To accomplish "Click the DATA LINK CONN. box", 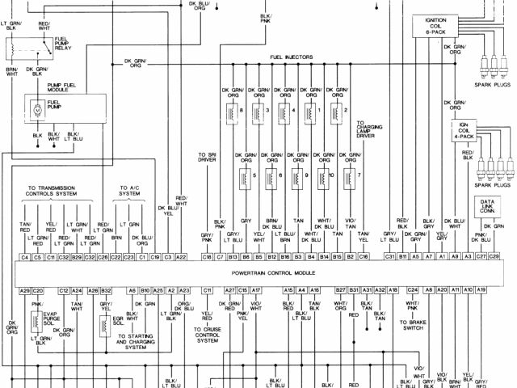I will click(485, 209).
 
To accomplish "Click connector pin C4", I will click(25, 256).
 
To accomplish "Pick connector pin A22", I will click(181, 256).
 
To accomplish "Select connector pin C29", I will click(494, 256).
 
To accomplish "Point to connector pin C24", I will click(412, 289).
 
